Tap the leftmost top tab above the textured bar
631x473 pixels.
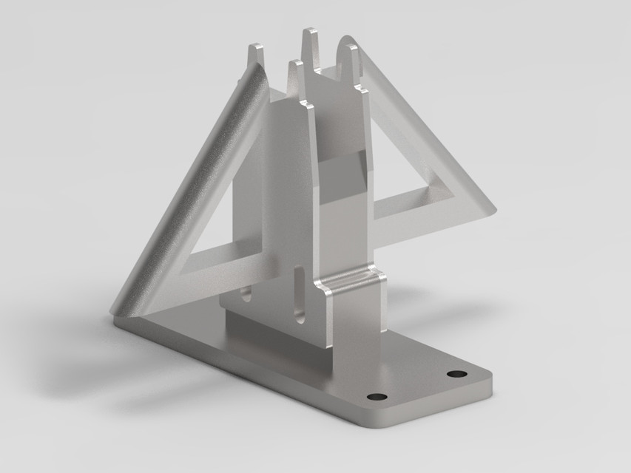[255, 55]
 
